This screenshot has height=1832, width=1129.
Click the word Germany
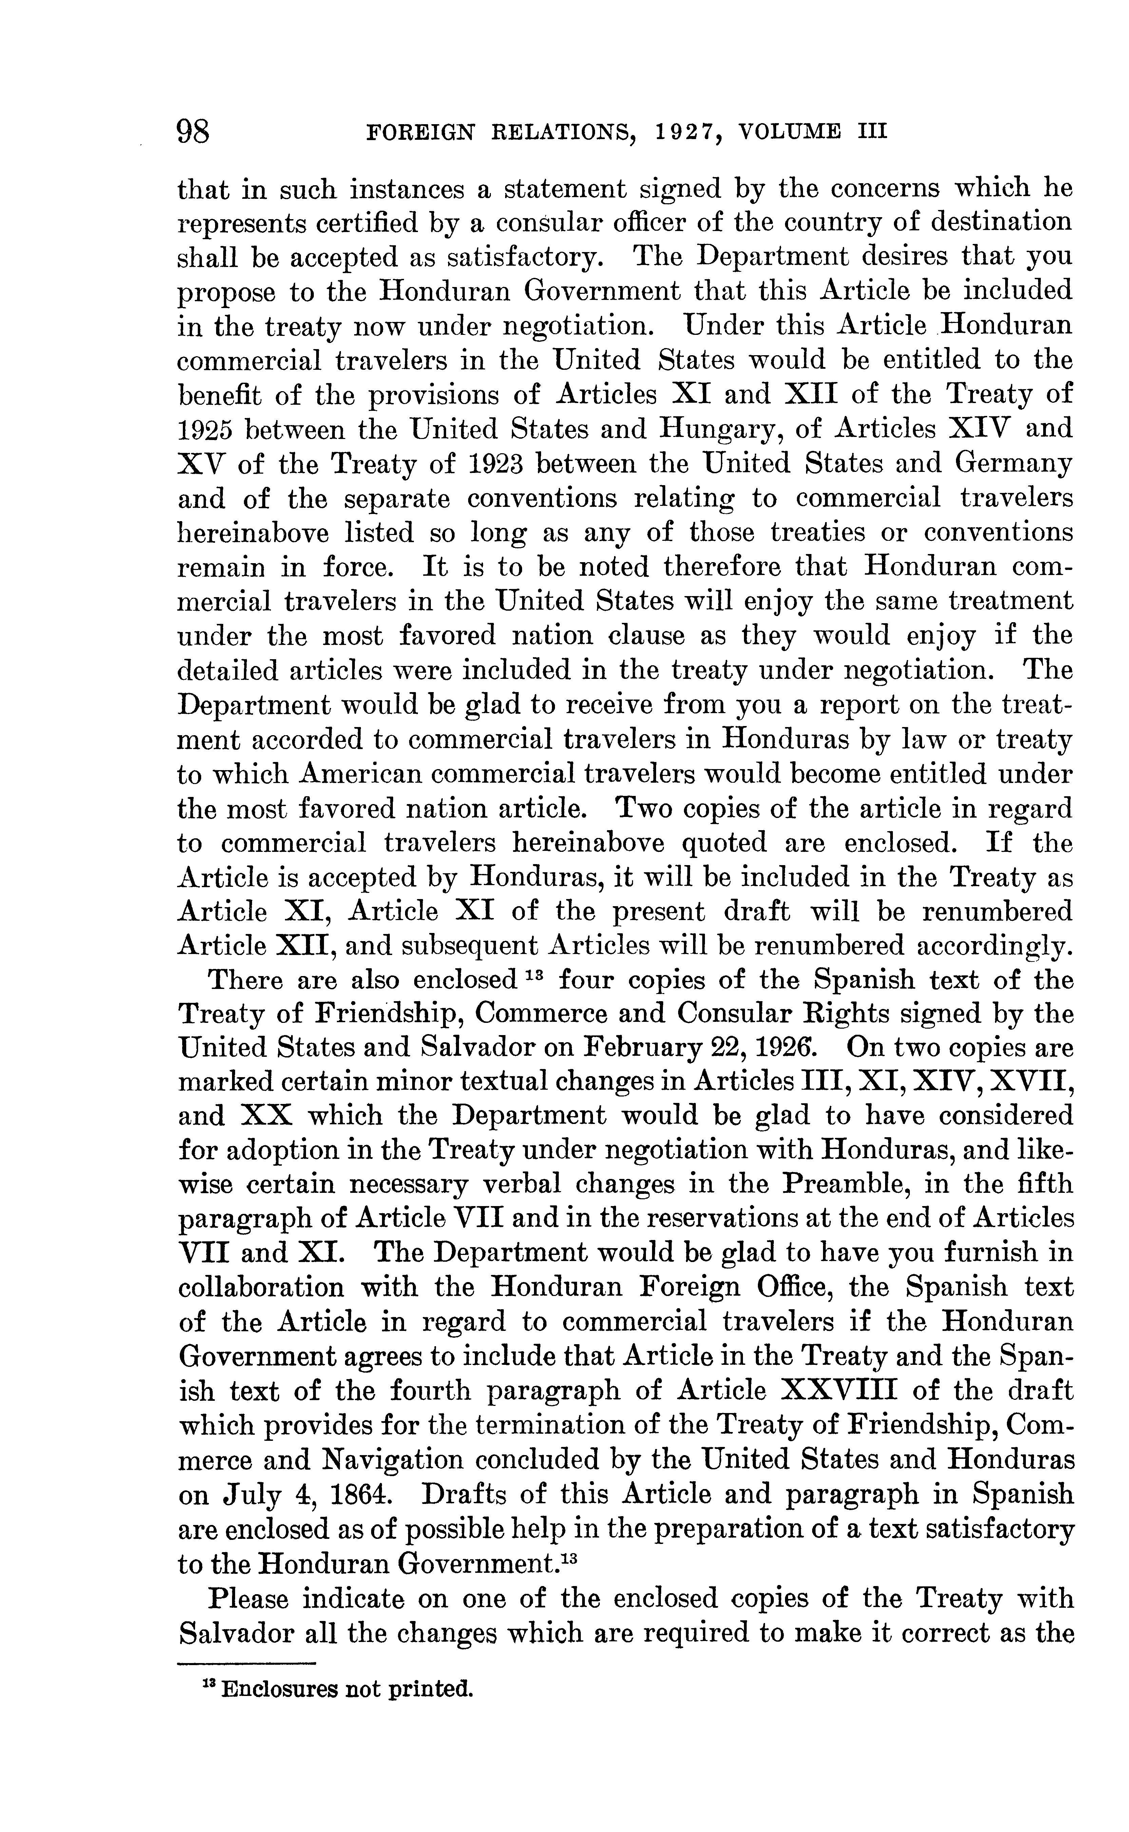point(1013,464)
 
